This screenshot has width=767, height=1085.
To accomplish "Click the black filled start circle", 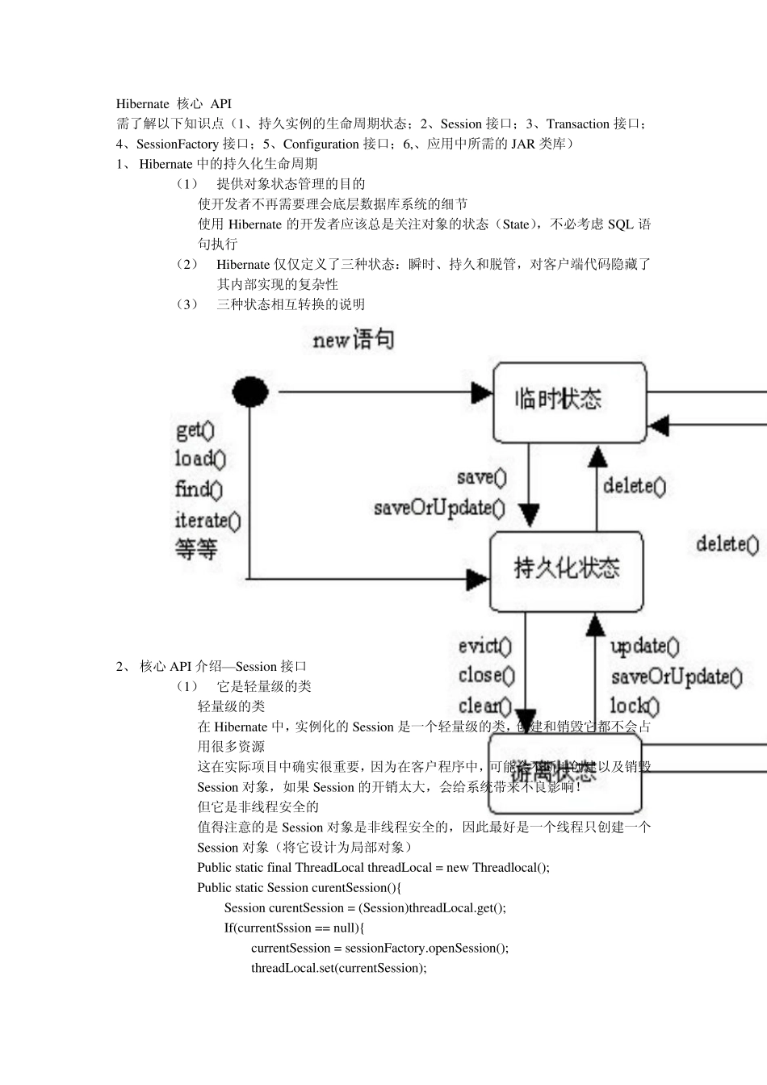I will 250,392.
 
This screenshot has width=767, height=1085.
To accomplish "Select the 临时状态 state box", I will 569,402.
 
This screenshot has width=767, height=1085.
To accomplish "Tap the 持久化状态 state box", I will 566,571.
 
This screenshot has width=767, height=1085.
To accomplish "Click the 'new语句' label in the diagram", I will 353,340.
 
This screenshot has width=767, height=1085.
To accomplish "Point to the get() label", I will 195,429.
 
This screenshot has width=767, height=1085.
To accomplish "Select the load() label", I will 200,459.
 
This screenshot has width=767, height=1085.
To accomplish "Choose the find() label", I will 199,489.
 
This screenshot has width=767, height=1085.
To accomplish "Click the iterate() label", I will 207,520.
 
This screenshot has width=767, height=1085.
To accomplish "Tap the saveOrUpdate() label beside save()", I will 439,509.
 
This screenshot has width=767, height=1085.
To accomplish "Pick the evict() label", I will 484,646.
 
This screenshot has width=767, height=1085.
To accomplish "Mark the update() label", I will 644,647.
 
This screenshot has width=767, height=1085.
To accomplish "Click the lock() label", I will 634,706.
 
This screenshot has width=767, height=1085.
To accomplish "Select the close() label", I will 486,676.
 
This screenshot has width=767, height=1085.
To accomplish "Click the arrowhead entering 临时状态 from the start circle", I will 482,393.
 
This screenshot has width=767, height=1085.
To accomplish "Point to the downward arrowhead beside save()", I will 529,514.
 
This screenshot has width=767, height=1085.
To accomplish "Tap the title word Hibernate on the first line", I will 142,104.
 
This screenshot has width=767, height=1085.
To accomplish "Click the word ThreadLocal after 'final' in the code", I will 329,868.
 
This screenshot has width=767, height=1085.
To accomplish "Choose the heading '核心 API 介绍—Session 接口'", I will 223,667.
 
